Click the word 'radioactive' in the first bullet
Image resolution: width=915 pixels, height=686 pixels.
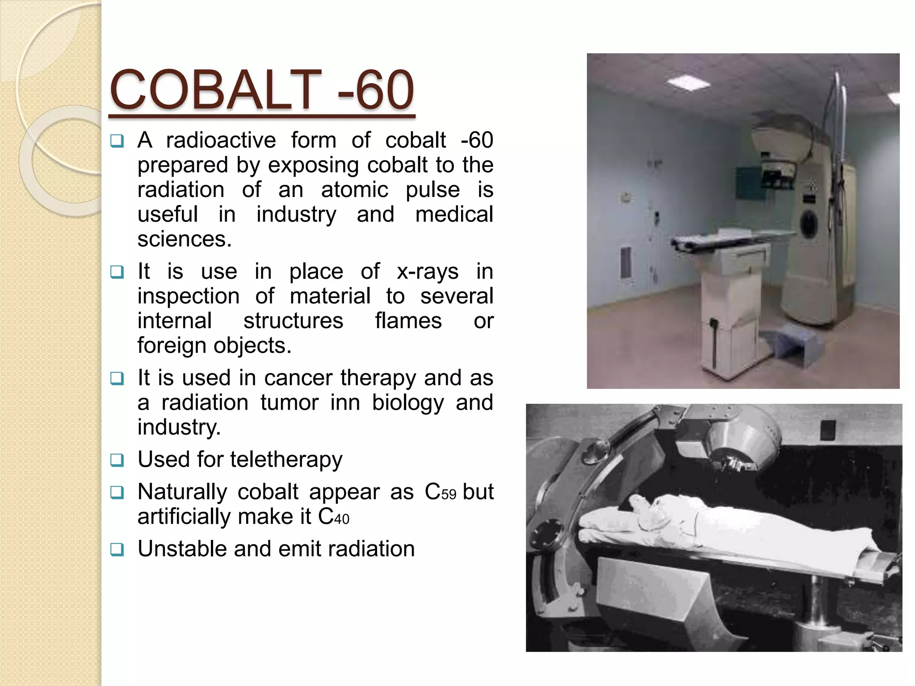[221, 140]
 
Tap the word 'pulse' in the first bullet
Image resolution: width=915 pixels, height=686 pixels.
[432, 190]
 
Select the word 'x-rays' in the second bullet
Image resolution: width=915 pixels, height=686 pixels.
[428, 272]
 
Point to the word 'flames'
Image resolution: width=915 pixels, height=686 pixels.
[408, 321]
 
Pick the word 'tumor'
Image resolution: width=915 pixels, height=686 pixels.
[290, 402]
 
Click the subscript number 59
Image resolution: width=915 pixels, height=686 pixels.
[449, 495]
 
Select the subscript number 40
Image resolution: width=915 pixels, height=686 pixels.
[342, 519]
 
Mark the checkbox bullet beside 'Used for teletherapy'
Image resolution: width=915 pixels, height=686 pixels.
[117, 460]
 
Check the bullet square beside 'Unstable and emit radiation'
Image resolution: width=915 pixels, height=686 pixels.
[117, 549]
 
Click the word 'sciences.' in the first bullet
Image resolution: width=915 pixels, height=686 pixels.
[185, 239]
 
